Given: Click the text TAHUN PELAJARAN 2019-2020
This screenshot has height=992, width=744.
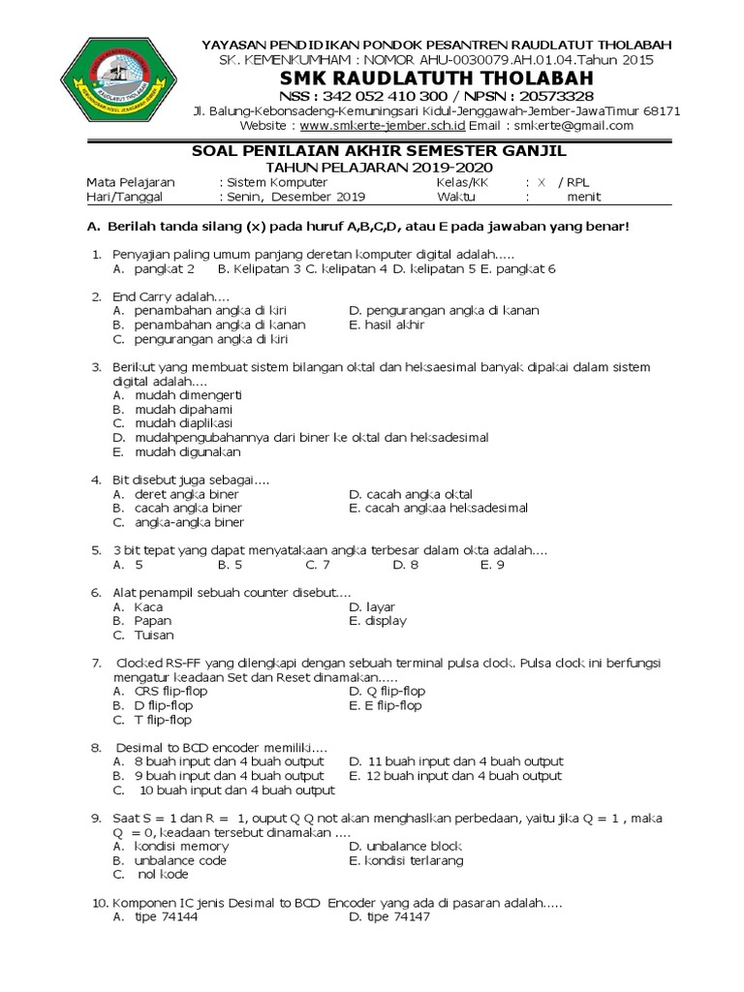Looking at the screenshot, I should [x=380, y=167].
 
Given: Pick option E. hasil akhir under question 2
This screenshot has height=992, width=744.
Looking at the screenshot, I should [x=387, y=325].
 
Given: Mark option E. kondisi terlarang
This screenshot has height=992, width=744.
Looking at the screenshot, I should [x=406, y=860].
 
